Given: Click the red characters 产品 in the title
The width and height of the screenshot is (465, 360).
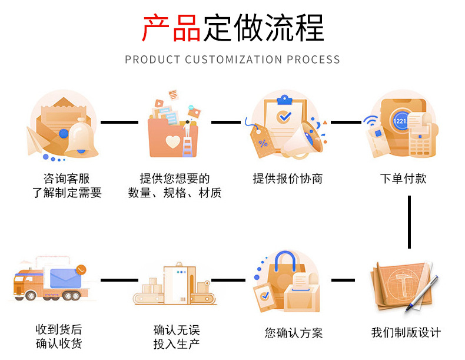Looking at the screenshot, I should (x=172, y=29).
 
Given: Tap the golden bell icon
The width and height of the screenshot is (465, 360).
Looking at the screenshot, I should (x=81, y=139).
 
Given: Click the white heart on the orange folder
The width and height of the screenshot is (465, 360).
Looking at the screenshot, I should (x=172, y=142).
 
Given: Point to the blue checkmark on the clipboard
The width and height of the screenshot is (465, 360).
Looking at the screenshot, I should (x=285, y=117).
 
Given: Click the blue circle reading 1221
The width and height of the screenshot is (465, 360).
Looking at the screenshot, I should (x=400, y=120).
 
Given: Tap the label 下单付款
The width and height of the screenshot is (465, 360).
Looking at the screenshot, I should (x=403, y=179).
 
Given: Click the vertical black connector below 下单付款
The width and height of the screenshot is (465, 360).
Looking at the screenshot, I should (x=409, y=222).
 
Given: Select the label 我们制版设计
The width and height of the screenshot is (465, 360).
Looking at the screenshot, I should (x=406, y=333).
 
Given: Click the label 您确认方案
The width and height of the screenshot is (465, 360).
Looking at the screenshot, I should (x=294, y=333).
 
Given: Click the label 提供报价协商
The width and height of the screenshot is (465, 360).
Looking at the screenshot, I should (x=288, y=179).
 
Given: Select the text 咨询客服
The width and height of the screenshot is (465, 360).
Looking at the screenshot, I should (x=67, y=179).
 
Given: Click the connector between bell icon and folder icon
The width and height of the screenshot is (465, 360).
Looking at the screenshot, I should (x=119, y=122).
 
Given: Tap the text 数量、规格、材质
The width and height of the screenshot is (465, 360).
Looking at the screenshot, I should (x=175, y=193).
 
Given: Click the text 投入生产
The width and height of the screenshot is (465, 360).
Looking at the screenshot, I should (x=177, y=344).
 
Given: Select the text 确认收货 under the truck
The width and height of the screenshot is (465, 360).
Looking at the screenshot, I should (x=59, y=344).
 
